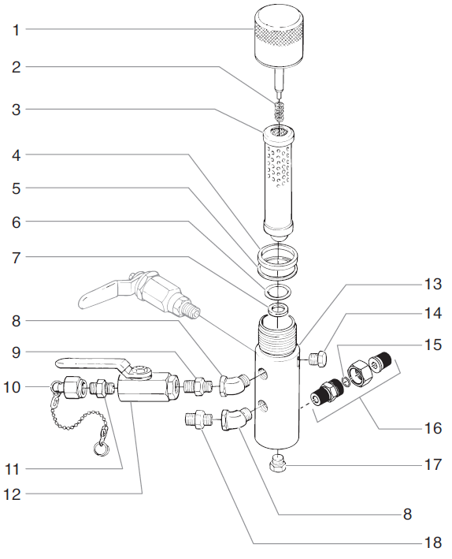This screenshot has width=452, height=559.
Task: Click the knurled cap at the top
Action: coord(279,37)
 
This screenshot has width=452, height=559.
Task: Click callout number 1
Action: coord(16,30)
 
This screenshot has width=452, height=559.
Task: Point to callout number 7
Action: coord(16,257)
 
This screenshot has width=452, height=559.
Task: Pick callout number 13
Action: coord(433,284)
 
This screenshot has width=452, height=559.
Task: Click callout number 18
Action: coord(433,542)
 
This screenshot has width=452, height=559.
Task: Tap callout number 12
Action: coord(12,494)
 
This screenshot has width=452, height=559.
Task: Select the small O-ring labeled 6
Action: coord(278,292)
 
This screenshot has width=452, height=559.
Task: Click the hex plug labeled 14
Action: coord(317,359)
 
